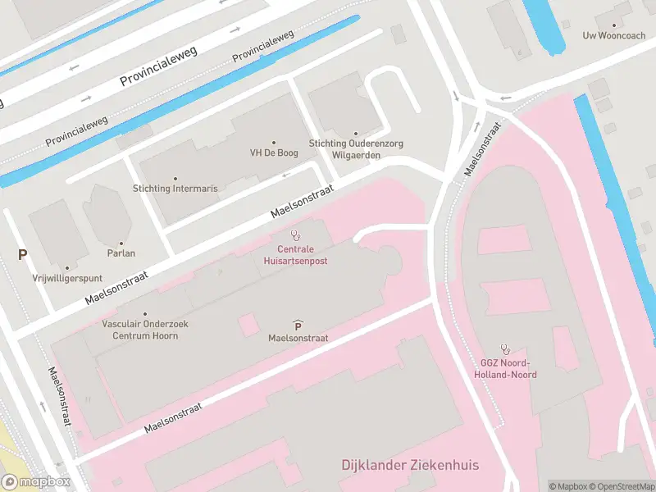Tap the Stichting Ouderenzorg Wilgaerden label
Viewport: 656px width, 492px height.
click(356, 148)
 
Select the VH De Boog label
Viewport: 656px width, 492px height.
click(273, 153)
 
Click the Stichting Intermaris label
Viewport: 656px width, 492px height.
click(175, 189)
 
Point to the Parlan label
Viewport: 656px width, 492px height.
click(121, 253)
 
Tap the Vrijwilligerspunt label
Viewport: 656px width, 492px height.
click(66, 278)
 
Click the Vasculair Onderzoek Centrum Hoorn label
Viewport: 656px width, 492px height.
click(145, 330)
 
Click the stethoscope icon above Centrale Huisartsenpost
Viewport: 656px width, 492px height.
click(295, 235)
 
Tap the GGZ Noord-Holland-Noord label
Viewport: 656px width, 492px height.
click(505, 369)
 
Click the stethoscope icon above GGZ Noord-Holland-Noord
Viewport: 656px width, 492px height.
click(505, 349)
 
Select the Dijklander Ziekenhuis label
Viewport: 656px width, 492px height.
click(410, 465)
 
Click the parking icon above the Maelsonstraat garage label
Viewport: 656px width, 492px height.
click(298, 325)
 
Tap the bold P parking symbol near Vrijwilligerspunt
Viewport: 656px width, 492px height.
click(22, 255)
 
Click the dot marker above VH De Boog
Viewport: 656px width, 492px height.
click(273, 142)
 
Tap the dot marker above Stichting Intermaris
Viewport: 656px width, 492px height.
click(175, 178)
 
